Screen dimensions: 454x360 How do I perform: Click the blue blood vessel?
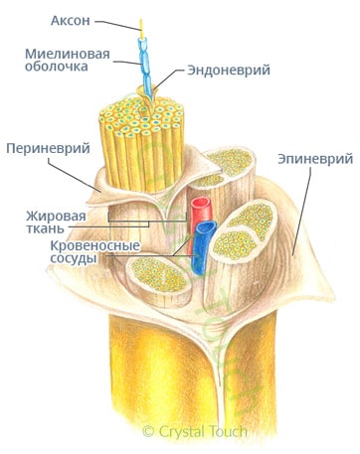[205, 248]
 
